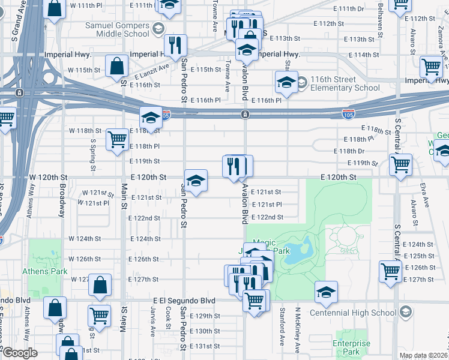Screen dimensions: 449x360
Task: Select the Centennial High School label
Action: (353, 313)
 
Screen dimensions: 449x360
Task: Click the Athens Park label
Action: (44, 271)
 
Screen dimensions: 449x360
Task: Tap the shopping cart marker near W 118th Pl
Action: (118, 140)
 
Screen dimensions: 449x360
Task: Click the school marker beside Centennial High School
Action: (326, 292)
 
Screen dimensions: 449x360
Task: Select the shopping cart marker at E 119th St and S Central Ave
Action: (400, 164)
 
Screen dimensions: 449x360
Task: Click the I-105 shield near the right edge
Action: (351, 113)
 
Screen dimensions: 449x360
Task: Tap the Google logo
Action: (20, 353)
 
